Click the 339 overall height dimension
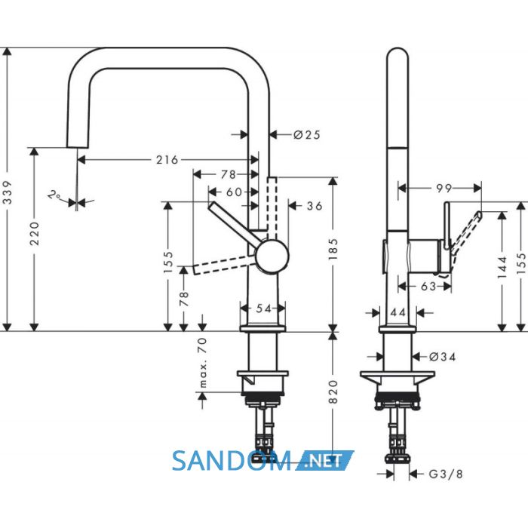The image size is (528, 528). click(8, 192)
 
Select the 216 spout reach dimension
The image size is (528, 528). click(167, 160)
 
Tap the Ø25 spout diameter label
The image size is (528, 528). click(307, 135)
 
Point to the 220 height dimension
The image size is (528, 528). click(35, 233)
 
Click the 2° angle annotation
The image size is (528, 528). click(54, 195)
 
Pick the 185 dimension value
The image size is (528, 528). click(333, 249)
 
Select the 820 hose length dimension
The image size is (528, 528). click(333, 391)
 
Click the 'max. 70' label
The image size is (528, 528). click(202, 362)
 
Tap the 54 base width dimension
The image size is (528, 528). click(264, 308)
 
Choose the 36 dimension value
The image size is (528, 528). click(315, 206)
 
